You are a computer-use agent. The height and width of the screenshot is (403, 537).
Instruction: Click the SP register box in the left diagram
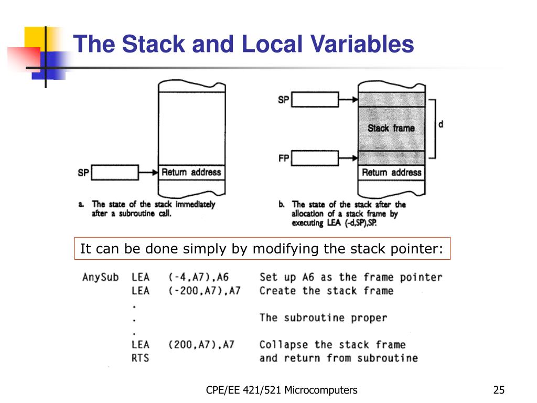point(115,172)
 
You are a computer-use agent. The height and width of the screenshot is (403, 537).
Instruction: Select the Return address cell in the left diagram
point(191,172)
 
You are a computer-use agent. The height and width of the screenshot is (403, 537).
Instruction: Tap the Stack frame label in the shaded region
point(391,128)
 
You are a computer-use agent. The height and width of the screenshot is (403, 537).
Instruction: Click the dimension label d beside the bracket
point(441,125)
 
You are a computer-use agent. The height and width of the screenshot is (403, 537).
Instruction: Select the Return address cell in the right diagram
point(391,172)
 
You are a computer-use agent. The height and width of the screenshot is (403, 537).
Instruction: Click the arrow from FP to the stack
point(348,158)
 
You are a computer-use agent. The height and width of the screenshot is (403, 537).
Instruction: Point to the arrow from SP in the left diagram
point(148,172)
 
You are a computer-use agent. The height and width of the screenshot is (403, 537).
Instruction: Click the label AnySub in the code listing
point(101,277)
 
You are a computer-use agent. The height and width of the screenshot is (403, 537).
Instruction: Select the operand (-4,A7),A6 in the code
point(199,277)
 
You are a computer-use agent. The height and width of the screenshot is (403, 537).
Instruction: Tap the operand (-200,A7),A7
point(204,291)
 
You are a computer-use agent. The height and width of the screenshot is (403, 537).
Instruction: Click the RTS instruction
point(141,358)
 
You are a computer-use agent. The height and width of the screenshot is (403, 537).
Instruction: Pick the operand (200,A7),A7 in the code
point(201,345)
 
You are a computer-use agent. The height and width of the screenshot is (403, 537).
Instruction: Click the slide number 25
point(499,390)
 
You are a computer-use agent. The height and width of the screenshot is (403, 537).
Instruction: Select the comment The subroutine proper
point(323,318)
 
